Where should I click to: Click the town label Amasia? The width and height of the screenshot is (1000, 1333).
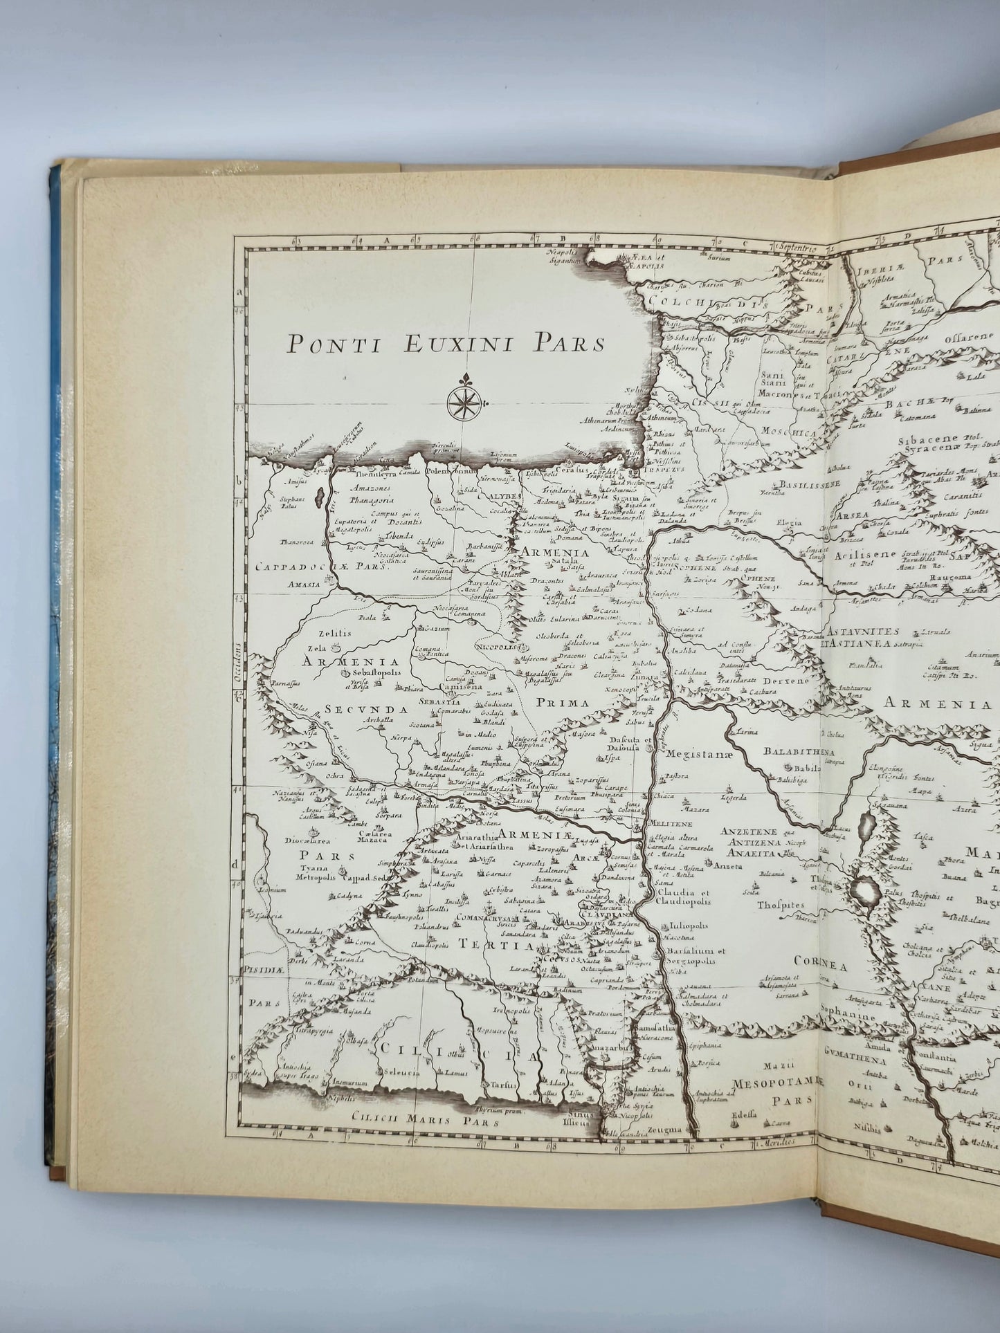pos(305,585)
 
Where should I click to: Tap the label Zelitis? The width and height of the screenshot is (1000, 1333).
pos(335,633)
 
